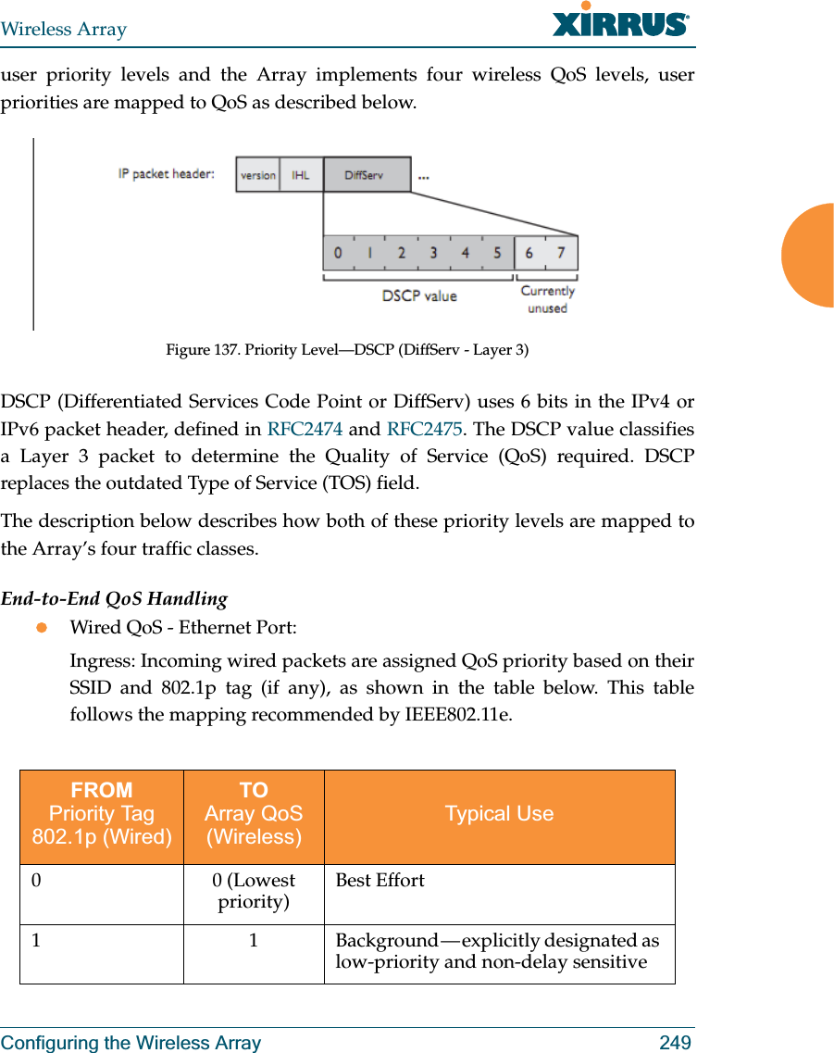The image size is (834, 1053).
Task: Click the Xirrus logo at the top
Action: [x=620, y=21]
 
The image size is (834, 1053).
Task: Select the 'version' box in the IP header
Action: [x=257, y=174]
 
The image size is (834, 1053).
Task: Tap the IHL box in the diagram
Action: [x=301, y=174]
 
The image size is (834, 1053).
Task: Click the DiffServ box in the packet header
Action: [x=366, y=174]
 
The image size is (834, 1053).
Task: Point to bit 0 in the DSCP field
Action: [x=338, y=253]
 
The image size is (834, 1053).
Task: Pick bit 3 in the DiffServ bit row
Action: [x=433, y=253]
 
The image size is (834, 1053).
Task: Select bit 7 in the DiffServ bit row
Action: [x=561, y=253]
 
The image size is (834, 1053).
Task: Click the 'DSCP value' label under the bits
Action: [x=419, y=295]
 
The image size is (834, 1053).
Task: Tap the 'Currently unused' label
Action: [x=547, y=299]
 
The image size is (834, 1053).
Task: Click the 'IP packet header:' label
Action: [x=167, y=173]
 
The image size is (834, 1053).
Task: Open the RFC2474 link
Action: [x=305, y=429]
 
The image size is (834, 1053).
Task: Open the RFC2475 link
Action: [x=424, y=429]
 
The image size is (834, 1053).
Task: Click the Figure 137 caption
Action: [x=347, y=349]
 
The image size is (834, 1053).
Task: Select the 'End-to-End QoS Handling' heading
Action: [x=114, y=598]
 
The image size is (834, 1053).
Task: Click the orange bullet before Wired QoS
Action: [x=41, y=628]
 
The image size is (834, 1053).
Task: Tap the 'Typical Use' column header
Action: [x=499, y=814]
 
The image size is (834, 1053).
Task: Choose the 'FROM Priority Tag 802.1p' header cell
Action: [x=102, y=814]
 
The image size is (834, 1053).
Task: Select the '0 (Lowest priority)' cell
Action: [x=254, y=891]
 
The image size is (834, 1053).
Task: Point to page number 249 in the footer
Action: [x=675, y=1043]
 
